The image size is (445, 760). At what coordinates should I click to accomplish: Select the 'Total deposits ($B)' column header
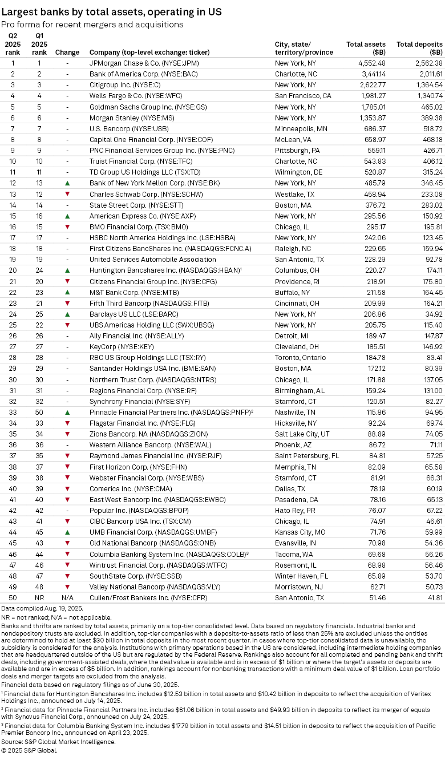pos(419,48)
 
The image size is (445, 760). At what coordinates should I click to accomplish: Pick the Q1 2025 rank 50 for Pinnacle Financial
pos(39,412)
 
